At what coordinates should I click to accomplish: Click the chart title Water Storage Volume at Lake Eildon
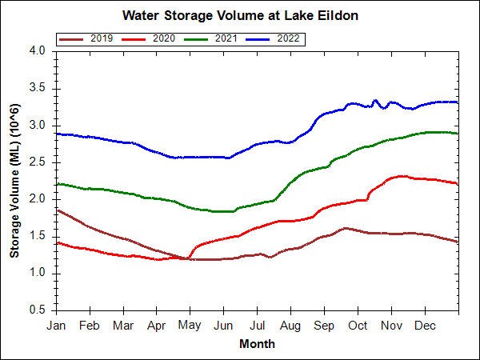240,15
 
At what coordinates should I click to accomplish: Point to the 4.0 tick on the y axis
38,50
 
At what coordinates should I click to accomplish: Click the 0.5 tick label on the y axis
38,310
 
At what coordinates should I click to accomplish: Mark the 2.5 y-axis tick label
38,162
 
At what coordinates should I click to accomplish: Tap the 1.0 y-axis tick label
38,273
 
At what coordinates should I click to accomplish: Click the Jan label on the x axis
56,326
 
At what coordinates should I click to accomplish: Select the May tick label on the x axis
190,326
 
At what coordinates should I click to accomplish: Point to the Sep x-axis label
324,326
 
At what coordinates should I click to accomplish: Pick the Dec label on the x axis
425,326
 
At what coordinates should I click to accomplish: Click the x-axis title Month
257,344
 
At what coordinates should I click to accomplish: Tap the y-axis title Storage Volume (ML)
14,180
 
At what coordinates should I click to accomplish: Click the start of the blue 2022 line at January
57,134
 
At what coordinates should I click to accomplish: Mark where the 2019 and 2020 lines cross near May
186,258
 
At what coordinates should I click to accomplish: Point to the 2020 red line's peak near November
400,176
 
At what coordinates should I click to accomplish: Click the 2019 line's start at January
57,210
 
